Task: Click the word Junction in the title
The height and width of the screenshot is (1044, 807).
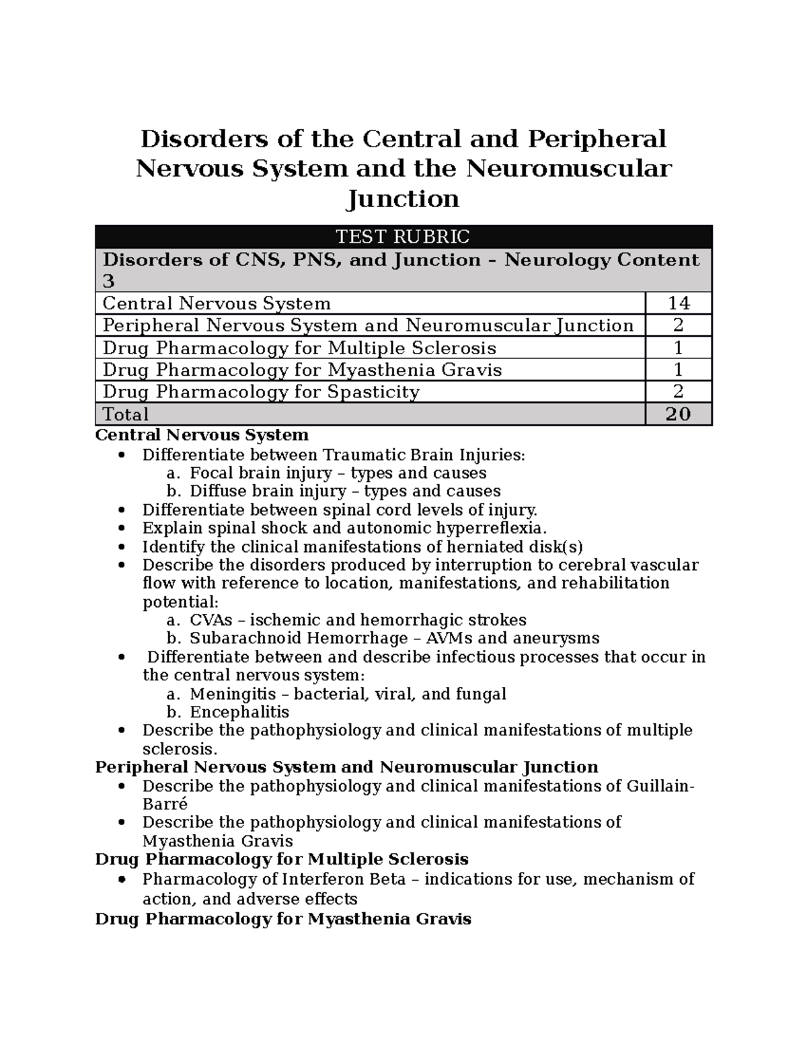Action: [x=403, y=199]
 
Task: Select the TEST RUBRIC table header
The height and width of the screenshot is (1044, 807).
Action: [x=403, y=237]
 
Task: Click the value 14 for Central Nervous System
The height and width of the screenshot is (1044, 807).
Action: [x=678, y=304]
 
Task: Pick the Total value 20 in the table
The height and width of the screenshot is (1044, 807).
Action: [x=678, y=414]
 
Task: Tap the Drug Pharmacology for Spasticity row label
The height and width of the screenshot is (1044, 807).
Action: [x=261, y=392]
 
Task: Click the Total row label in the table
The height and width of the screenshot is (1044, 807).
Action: [x=126, y=414]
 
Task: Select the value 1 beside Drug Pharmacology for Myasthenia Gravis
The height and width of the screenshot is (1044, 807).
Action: [x=678, y=370]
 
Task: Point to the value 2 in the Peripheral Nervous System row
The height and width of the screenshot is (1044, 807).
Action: [x=678, y=326]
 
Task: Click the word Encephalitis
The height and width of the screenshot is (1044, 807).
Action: [x=239, y=712]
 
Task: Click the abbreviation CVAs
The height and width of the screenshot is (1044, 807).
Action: [x=211, y=620]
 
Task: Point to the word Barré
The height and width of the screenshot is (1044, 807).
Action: [x=165, y=804]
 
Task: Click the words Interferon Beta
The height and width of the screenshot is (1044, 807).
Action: [x=344, y=879]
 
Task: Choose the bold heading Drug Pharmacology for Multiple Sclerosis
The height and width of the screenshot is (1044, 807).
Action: [x=282, y=859]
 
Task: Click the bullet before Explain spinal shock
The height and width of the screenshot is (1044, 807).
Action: [x=120, y=528]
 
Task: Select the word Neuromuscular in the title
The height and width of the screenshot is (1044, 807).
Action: [x=568, y=168]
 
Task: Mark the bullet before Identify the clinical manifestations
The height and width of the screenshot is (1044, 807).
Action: [x=120, y=547]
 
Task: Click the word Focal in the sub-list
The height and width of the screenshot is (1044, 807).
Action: [x=210, y=473]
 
